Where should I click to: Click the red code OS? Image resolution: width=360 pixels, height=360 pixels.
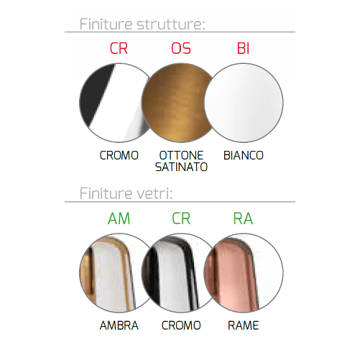coord(180,50)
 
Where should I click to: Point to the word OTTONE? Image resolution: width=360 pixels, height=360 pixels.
coord(180,155)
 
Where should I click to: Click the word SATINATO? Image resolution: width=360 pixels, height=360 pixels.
coord(180,167)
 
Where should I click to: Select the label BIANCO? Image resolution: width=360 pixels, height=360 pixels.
coord(243,155)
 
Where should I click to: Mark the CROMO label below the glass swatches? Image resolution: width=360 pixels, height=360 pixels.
coord(180,326)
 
